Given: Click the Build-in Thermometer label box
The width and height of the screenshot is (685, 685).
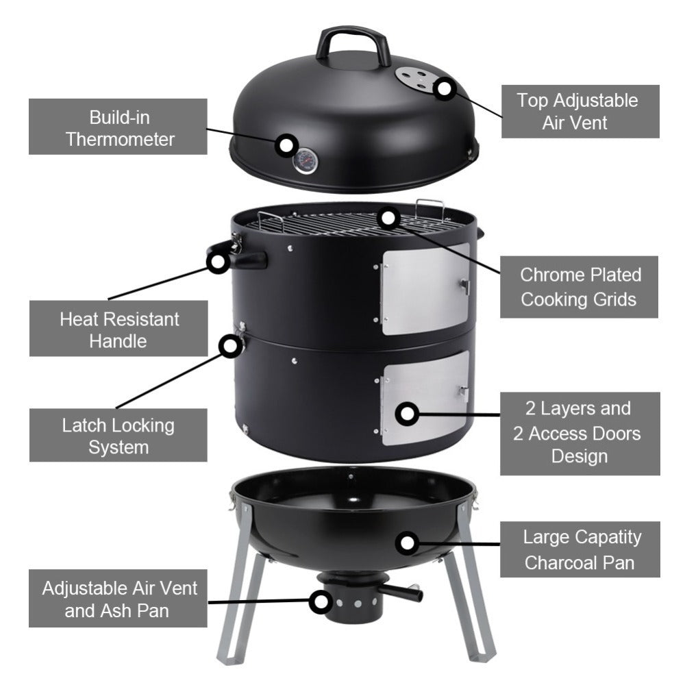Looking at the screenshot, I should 118,127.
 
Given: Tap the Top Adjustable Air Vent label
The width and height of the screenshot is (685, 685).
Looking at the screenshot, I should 577,111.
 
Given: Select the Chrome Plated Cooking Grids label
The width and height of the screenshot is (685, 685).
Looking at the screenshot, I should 580,287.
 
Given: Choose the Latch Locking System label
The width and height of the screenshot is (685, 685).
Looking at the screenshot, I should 118,436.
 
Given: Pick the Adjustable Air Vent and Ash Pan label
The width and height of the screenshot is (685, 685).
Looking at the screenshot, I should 118,599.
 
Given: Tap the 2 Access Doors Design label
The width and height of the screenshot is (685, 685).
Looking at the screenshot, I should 580,434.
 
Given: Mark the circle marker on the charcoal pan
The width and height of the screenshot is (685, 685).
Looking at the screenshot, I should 408,543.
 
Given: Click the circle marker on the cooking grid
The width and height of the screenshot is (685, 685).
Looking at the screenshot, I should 389,218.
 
